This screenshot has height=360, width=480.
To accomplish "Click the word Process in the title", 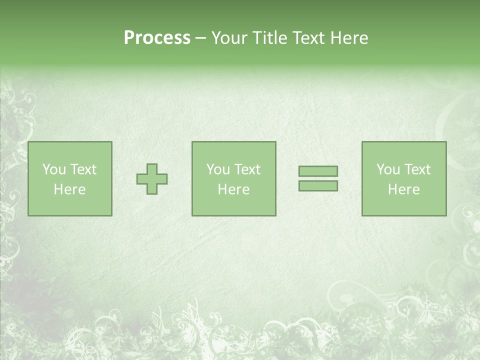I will coord(157,38).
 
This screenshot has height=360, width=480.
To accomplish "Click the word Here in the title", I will coord(349,38).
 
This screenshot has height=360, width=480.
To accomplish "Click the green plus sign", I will coord(152,179).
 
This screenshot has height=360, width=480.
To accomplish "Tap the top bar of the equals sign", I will coord(318,171).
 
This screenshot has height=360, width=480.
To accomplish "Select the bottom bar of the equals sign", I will coord(318,186).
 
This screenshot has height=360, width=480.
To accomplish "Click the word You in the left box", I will coord(54,169).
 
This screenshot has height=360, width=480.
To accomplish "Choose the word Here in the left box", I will coord(69,189).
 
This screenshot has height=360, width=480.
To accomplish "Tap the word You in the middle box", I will coord(218,169).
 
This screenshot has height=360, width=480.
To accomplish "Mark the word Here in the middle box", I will coord(233,189).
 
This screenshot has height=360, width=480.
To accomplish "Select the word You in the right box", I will coord(388,169).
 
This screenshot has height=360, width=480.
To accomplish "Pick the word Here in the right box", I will coord(403,189).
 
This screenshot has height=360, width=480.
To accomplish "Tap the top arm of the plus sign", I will coord(152,168).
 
